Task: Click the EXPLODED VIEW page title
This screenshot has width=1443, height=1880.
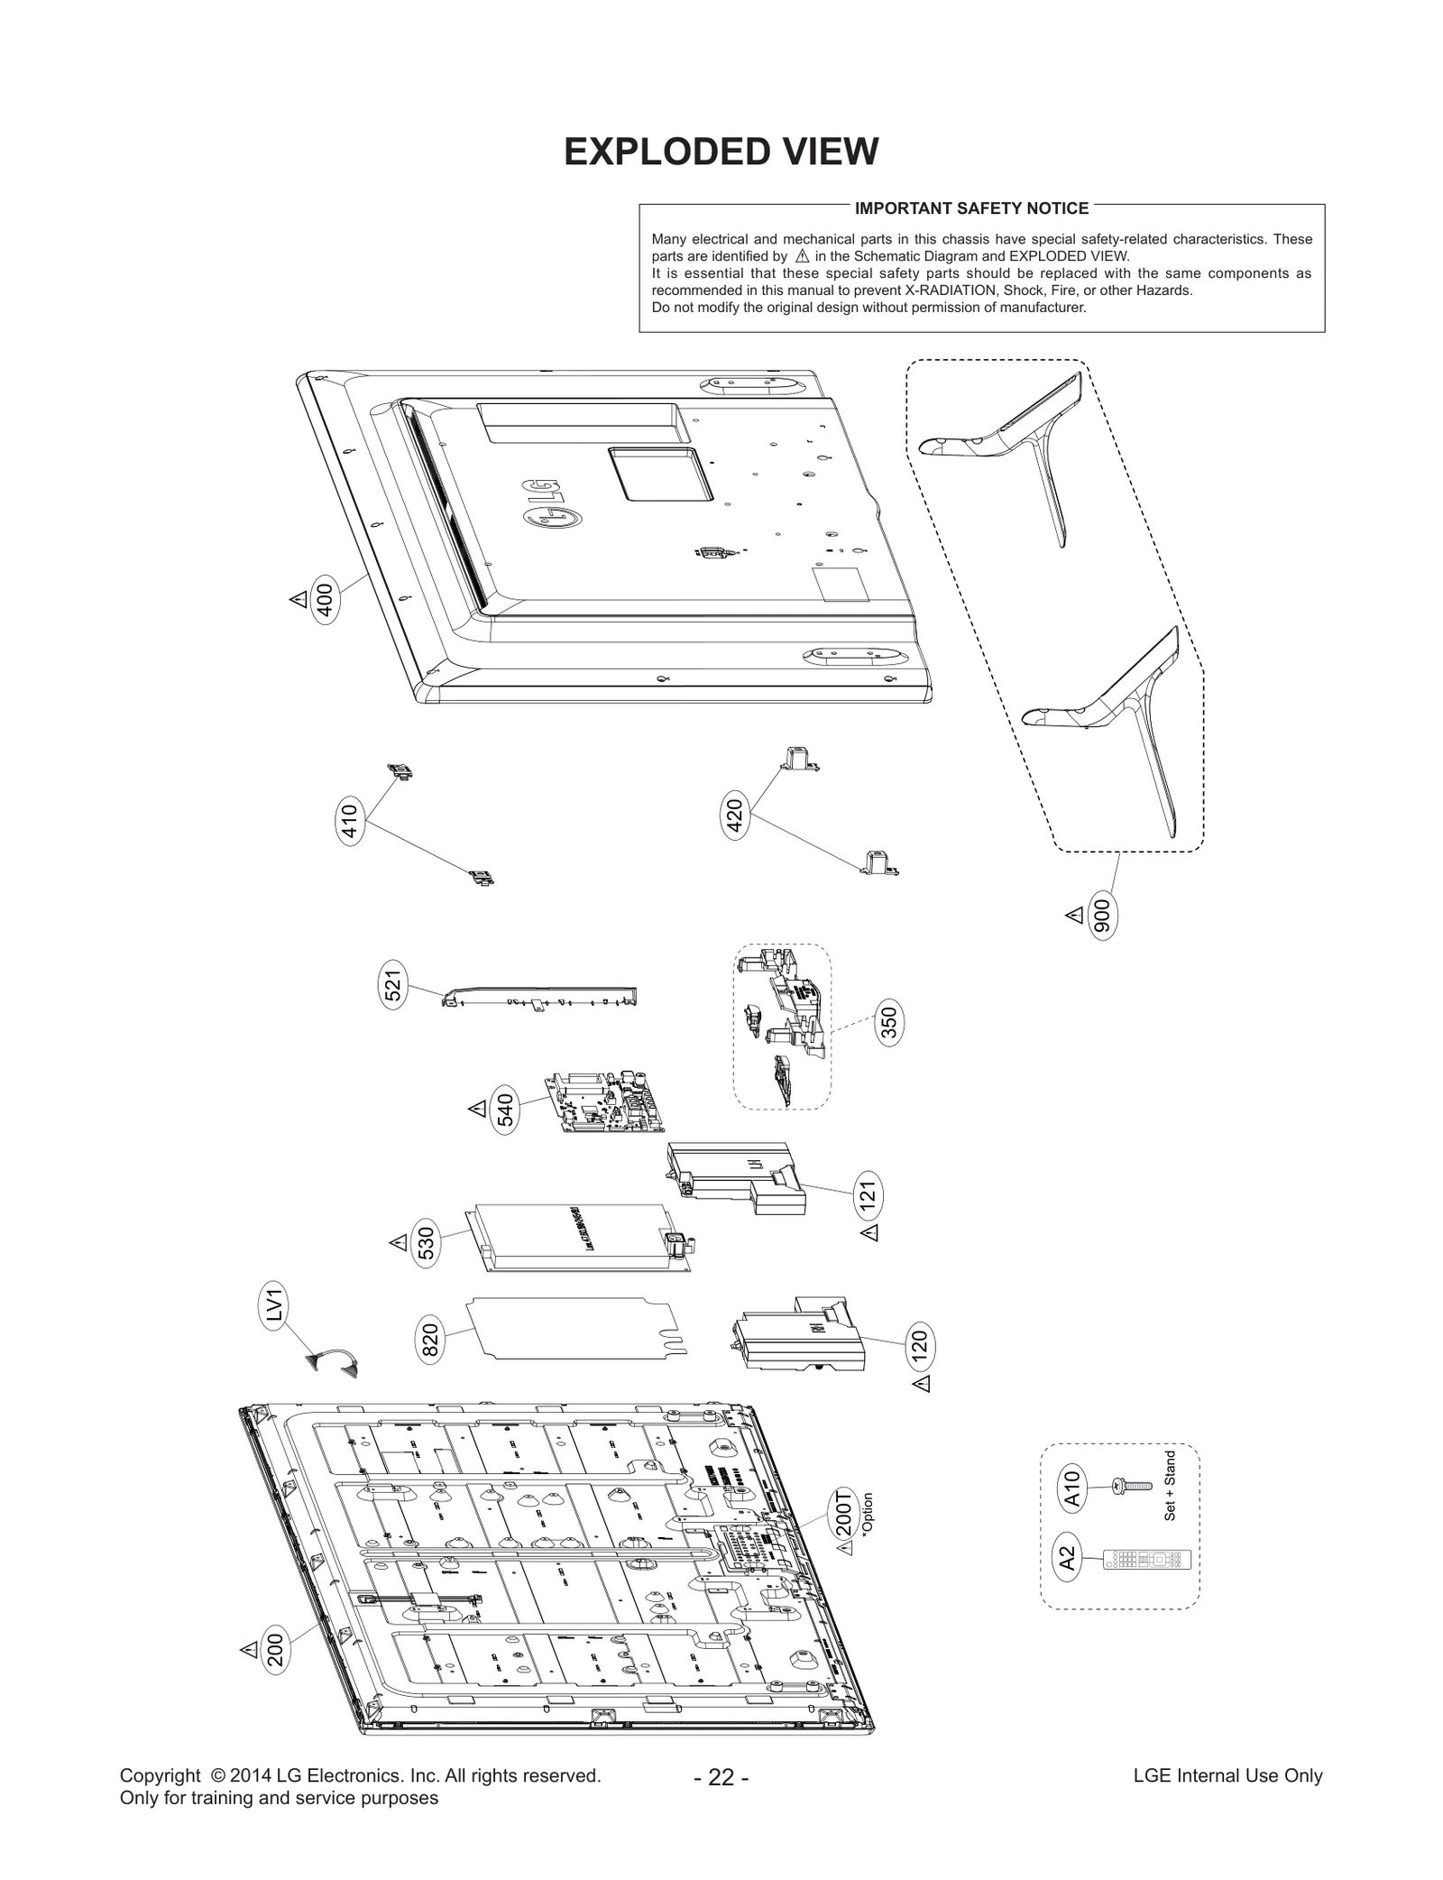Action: click(x=721, y=152)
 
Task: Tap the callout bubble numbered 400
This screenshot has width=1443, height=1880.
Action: click(x=326, y=600)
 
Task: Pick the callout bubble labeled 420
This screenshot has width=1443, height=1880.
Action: click(x=735, y=817)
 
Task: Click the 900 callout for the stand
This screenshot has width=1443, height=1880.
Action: click(x=1102, y=916)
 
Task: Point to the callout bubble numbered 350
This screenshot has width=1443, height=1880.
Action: click(x=889, y=1024)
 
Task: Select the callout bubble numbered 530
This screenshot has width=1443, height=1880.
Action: click(x=427, y=1243)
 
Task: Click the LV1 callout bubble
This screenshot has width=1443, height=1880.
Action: click(x=276, y=1307)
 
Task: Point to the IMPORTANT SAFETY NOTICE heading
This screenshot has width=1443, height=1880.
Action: click(x=971, y=208)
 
